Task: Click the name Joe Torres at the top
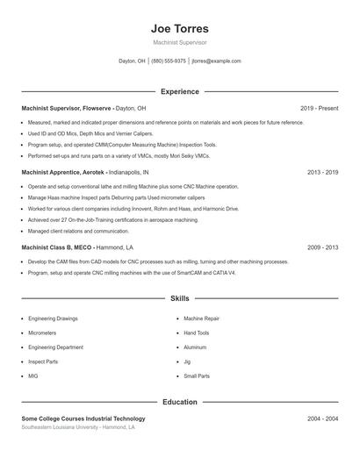180,29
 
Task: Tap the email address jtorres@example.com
216,61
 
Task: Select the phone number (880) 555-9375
169,61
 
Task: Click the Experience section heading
180,91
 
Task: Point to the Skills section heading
180,299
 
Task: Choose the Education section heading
180,403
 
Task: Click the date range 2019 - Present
319,108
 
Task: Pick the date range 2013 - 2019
322,173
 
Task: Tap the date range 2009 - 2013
322,247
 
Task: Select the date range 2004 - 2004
322,419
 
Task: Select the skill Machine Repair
201,318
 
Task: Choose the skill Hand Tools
197,333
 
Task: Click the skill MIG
33,376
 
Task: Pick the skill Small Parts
197,376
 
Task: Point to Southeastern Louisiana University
59,427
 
